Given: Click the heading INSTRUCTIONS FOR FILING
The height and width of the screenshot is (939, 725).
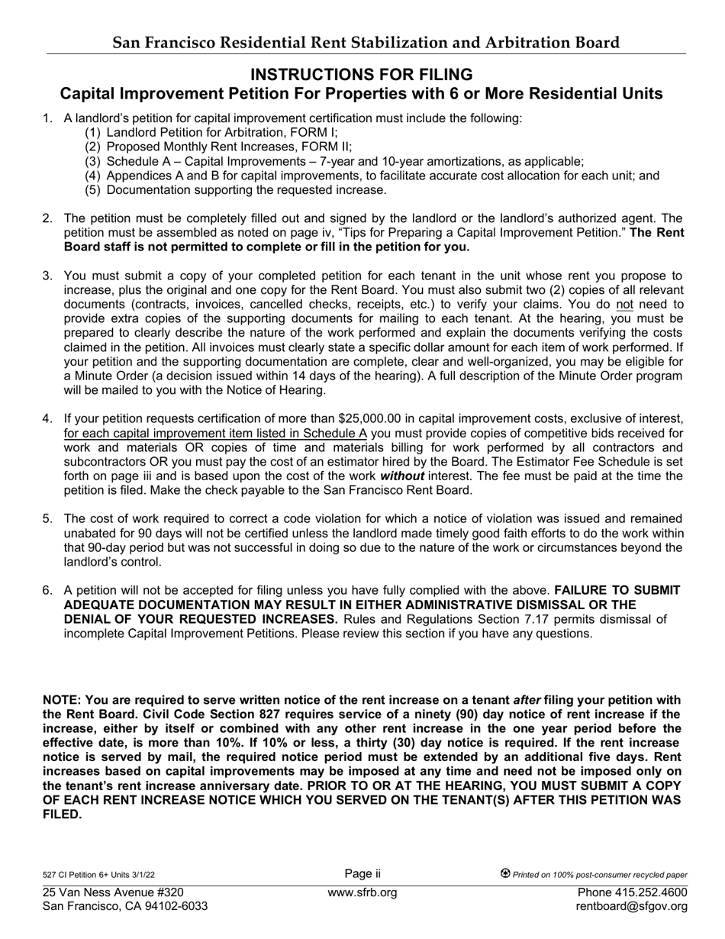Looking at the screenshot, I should tap(362, 74).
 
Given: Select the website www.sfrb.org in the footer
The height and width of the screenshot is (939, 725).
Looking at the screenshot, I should tap(362, 892).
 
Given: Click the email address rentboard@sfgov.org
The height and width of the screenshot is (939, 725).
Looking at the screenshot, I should tap(633, 906).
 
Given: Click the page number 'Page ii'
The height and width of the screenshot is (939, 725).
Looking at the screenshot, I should tap(362, 874).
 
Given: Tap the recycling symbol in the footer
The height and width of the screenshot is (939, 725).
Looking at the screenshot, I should tap(505, 874).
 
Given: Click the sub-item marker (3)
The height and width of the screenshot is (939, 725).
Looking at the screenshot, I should tap(92, 161).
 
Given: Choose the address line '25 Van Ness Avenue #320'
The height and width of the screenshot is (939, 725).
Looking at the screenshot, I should tap(113, 892).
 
